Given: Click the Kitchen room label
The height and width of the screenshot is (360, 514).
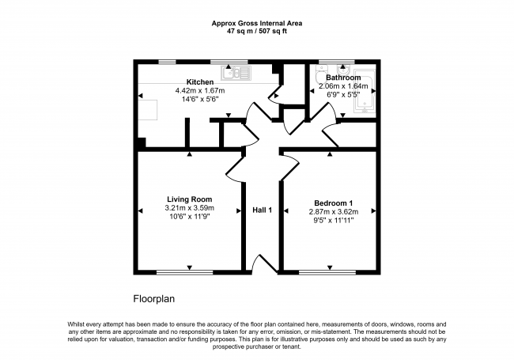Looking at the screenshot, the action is (200, 82).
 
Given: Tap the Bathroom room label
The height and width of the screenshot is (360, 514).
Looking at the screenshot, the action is (343, 78).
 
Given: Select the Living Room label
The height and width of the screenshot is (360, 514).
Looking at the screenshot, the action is (190, 199).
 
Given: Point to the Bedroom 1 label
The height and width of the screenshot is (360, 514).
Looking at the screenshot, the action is (334, 203).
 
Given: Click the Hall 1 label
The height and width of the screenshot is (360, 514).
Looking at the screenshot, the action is (262, 210).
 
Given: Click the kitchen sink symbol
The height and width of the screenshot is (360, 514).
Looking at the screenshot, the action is (236, 73).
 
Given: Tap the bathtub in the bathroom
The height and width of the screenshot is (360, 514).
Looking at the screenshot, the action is (365, 92).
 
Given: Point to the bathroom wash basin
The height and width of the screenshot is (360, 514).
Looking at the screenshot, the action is (343, 69).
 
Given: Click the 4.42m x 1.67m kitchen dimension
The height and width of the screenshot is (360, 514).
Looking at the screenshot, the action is (200, 90).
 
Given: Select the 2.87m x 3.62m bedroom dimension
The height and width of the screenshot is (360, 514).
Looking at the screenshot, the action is (334, 212).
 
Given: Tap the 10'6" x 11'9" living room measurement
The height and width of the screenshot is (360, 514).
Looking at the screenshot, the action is (190, 216).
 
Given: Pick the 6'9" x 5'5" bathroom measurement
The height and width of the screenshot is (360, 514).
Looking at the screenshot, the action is (343, 95).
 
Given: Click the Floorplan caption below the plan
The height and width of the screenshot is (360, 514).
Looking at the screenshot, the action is (153, 299).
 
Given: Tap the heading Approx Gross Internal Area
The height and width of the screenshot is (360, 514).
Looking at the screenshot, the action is (257, 23).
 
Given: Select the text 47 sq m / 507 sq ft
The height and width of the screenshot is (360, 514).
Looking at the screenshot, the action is (257, 32).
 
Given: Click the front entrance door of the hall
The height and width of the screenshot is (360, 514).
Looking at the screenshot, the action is (265, 264).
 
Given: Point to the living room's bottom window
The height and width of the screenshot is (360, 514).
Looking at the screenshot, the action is (185, 272).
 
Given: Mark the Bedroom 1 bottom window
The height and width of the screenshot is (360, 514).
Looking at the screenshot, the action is (327, 272).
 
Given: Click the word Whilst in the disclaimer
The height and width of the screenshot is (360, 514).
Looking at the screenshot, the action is (75, 324).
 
